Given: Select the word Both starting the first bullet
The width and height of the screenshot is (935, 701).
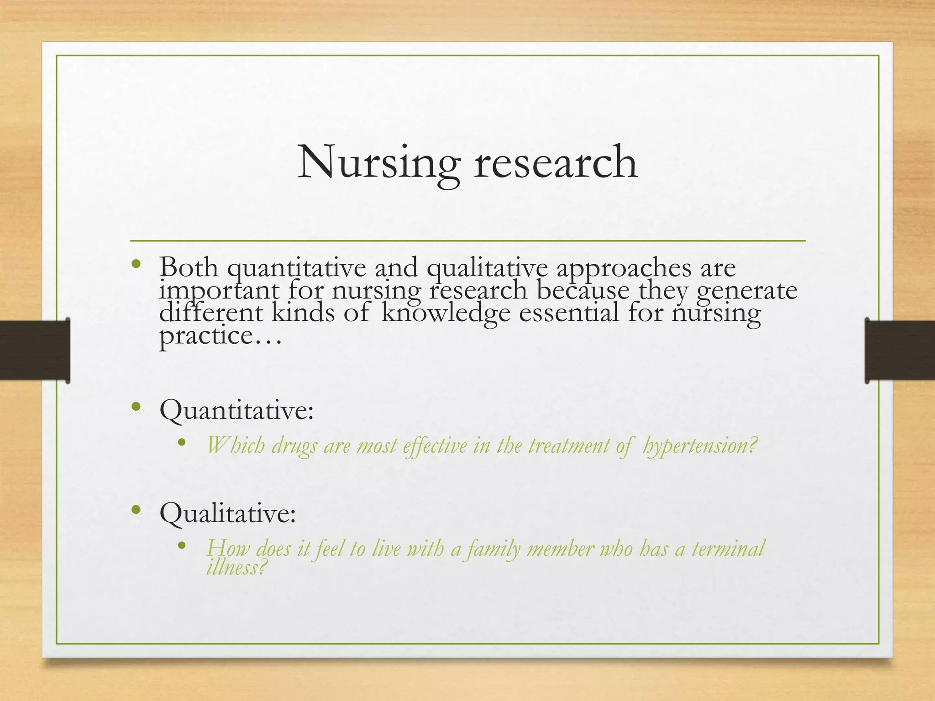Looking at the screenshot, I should [x=189, y=267].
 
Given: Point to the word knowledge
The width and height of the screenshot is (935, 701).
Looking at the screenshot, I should [x=446, y=314].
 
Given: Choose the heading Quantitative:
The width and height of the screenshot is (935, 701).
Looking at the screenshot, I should [x=236, y=410].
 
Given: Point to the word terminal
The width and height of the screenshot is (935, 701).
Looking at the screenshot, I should [x=728, y=548].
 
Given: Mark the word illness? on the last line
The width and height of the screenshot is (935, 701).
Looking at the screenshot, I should [x=236, y=568].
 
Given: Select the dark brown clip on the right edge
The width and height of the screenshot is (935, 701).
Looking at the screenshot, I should [x=899, y=350].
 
